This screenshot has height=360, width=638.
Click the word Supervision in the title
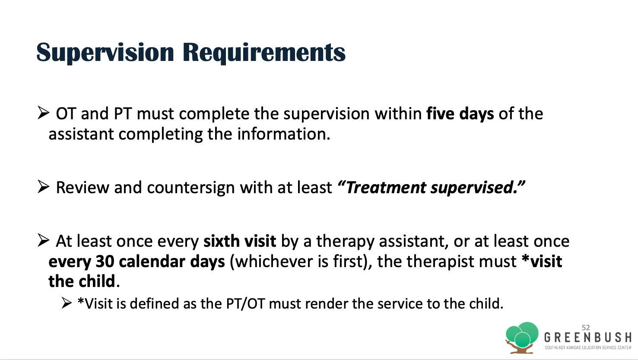105,53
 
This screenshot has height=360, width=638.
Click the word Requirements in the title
264,53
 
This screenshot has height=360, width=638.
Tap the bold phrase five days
460,114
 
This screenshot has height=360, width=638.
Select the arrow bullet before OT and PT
43,113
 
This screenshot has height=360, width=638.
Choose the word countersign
191,188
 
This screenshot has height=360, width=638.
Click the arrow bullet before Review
43,187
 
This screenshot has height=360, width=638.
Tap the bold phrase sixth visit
240,241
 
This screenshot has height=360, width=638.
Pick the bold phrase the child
82,281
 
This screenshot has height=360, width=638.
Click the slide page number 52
586,328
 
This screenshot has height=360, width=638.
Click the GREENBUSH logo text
587,338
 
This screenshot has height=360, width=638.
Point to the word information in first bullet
283,134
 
